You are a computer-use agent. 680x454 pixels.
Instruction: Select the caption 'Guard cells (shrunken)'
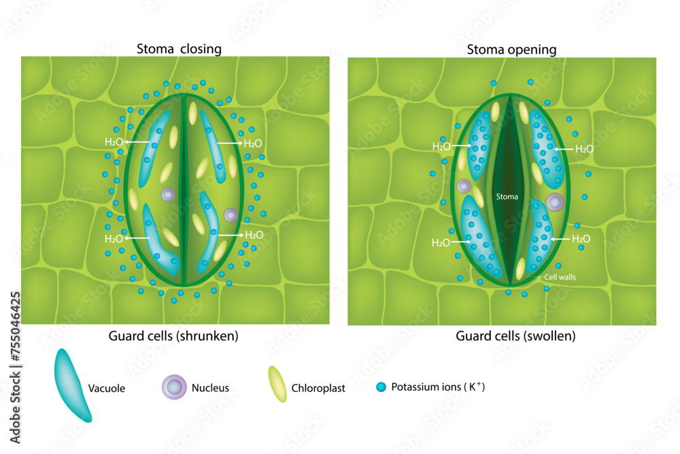[x=173, y=336]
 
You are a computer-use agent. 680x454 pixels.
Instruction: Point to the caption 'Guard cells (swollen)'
[x=515, y=336]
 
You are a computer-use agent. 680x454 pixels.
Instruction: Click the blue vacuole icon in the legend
[x=73, y=385]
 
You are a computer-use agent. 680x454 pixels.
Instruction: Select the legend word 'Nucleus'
[x=210, y=388]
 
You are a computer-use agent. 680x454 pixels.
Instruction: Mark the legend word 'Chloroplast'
[x=318, y=389]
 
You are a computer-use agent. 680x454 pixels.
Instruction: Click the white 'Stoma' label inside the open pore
[x=507, y=197]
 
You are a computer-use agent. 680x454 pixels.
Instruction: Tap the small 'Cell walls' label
[x=560, y=277]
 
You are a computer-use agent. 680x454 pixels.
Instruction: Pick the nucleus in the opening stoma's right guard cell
[x=555, y=201]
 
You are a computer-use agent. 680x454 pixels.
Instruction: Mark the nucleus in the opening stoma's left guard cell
[x=464, y=186]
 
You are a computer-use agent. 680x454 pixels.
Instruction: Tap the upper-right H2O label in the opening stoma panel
[x=584, y=148]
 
